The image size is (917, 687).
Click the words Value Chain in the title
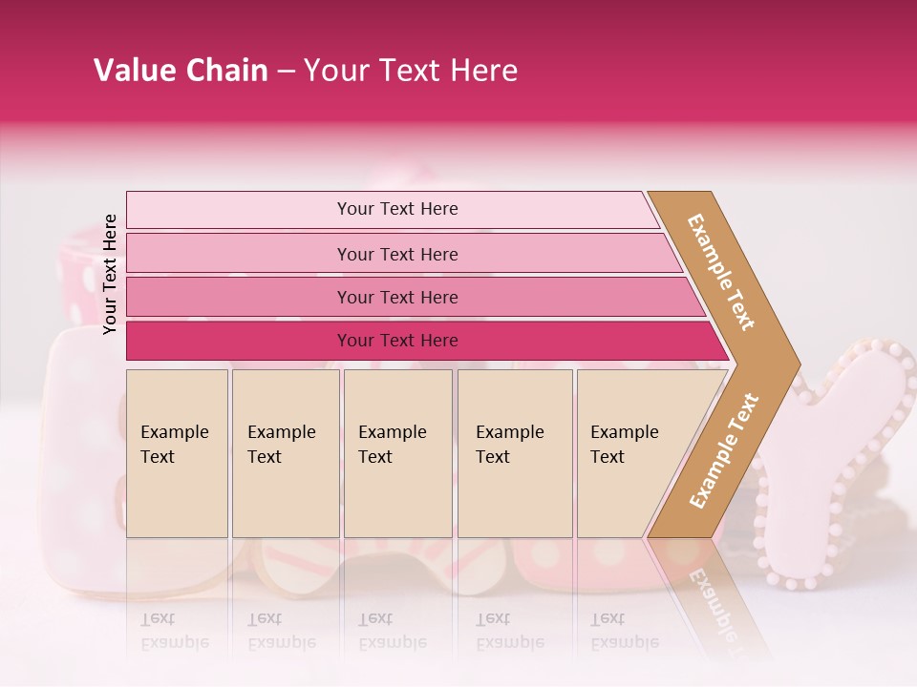click(181, 71)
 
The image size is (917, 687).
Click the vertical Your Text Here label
click(111, 274)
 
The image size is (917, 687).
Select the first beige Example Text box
click(177, 453)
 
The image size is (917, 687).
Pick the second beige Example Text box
click(285, 453)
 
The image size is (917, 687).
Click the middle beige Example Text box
click(397, 453)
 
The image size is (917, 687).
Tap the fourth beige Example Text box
click(515, 453)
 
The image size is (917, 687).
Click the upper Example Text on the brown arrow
click(721, 272)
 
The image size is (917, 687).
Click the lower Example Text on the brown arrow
click(724, 450)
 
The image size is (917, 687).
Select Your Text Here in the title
click(411, 71)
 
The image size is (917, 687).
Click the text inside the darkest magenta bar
click(397, 341)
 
